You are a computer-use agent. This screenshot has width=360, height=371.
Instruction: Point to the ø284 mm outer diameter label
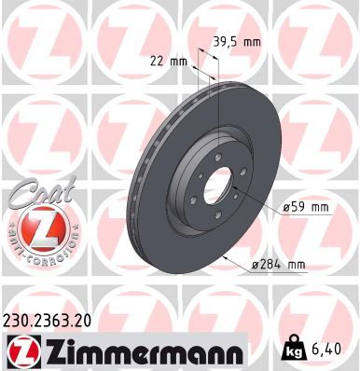pyautogui.click(x=279, y=266)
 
